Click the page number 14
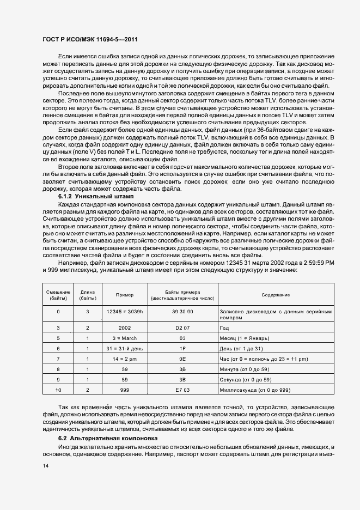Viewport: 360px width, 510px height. (x=45, y=466)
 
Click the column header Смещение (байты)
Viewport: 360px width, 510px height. (x=58, y=295)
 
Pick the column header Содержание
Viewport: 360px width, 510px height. (x=275, y=295)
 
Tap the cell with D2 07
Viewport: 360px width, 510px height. (x=182, y=328)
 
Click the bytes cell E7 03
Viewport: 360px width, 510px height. (x=182, y=390)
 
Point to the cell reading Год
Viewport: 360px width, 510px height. (x=224, y=328)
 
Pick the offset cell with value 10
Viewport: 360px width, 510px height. (x=58, y=390)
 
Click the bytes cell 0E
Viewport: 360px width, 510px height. (x=182, y=359)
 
